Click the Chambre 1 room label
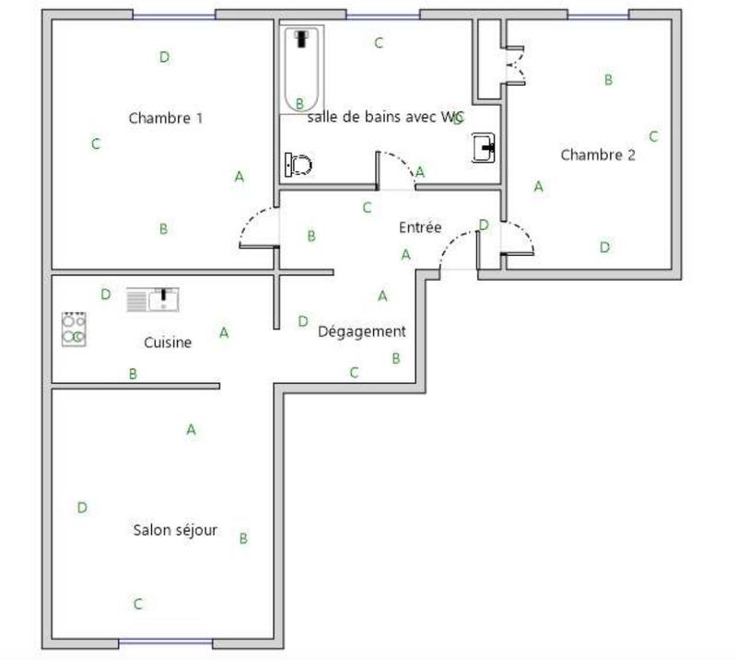click(x=166, y=118)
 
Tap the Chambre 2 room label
click(x=598, y=155)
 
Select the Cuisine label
click(x=168, y=342)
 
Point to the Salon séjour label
click(x=175, y=530)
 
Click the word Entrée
click(x=420, y=227)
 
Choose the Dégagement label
click(x=361, y=331)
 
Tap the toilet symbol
click(x=298, y=166)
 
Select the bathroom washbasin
click(x=485, y=147)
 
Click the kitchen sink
click(x=153, y=300)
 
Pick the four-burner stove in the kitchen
click(x=75, y=330)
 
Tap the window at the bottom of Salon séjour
click(x=166, y=642)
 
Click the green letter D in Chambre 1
click(x=164, y=57)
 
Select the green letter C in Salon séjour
click(x=138, y=605)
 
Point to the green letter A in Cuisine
click(x=224, y=333)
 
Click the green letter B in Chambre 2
click(x=608, y=80)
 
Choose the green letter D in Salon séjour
click(x=82, y=507)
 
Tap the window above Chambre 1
click(x=174, y=15)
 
